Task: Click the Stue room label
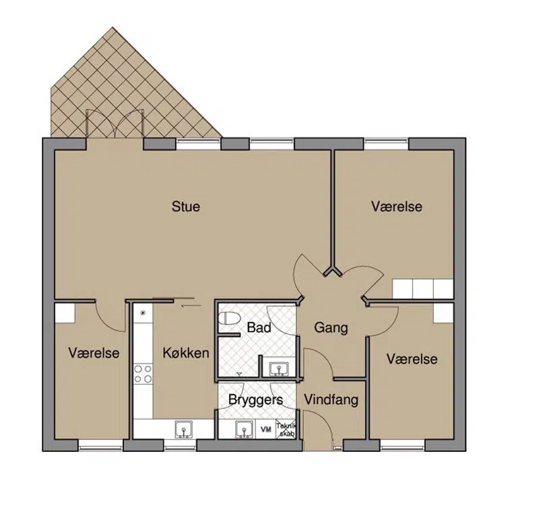point(186,207)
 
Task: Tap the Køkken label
point(186,353)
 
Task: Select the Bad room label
point(259,328)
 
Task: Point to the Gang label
point(331,328)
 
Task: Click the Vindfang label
point(331,400)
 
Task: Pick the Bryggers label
point(255,400)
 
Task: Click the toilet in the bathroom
point(228,318)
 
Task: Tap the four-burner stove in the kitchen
point(143,374)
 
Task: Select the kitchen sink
point(184,430)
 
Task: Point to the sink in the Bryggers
point(245,430)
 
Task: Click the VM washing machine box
point(265,430)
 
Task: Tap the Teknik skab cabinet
point(286,430)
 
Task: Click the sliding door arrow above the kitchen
point(191,305)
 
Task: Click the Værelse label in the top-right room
point(397,207)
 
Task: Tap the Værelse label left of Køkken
point(94,353)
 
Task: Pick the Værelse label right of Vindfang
point(412,360)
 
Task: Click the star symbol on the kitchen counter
point(143,312)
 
